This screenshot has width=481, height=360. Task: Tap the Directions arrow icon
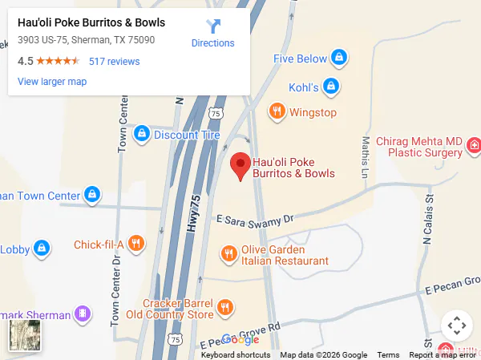(213, 27)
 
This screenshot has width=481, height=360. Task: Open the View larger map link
(52, 81)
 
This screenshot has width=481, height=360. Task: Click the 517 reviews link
(114, 61)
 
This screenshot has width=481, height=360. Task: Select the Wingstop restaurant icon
(277, 112)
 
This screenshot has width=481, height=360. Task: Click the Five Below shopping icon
(340, 59)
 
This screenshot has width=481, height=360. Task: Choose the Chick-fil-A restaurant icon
(136, 244)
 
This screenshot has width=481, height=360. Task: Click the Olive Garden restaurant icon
(228, 254)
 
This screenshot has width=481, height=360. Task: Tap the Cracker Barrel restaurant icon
(224, 308)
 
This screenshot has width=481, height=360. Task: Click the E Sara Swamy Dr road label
(256, 218)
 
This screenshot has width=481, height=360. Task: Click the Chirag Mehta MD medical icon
(475, 145)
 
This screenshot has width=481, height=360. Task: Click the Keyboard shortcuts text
(236, 355)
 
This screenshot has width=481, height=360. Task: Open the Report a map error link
(442, 355)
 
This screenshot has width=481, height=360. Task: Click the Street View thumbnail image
(24, 336)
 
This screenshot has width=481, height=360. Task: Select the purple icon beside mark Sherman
(81, 312)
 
